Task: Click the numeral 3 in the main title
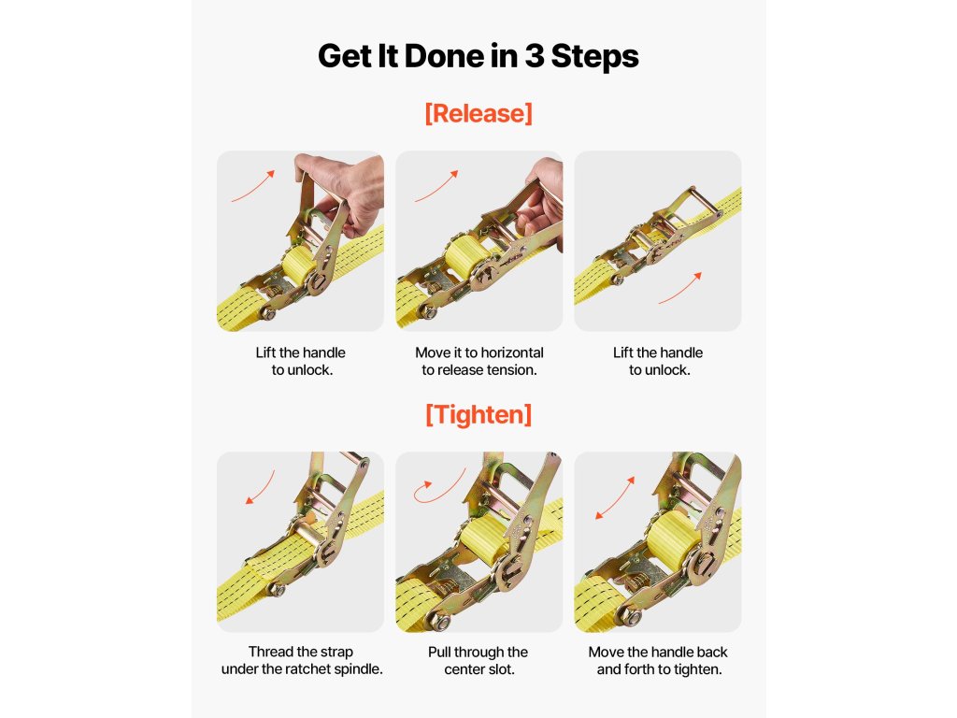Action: (534, 56)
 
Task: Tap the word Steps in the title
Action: (594, 57)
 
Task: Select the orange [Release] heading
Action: (478, 113)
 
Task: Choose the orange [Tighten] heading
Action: (478, 414)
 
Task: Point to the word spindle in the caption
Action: (357, 669)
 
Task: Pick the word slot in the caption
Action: (502, 669)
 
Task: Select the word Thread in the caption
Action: (269, 652)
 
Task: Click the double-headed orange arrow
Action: (615, 497)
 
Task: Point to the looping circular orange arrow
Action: (438, 487)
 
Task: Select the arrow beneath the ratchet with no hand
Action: (680, 288)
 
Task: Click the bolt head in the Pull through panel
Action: (441, 622)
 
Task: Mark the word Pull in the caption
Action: (438, 652)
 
